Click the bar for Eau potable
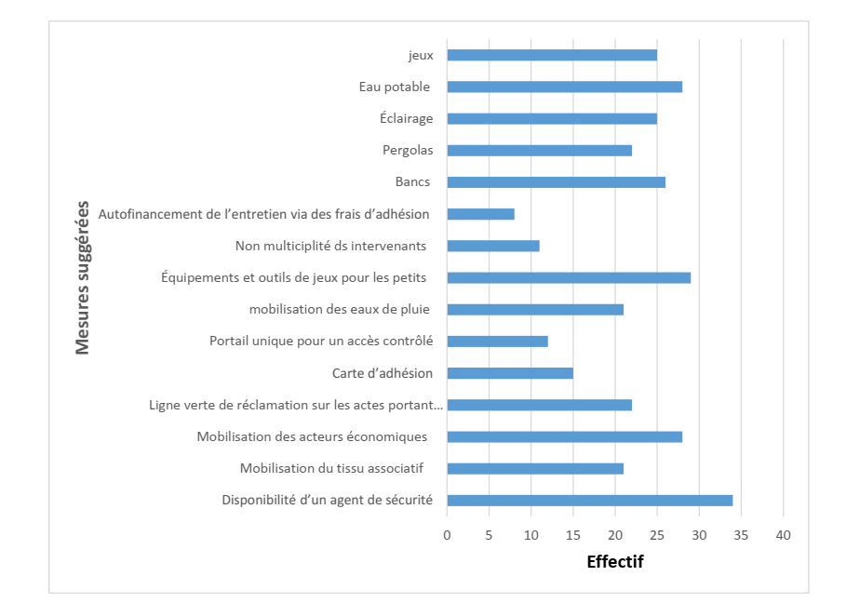pyautogui.click(x=564, y=87)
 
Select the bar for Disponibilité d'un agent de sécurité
pyautogui.click(x=589, y=500)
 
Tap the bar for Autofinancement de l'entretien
pyautogui.click(x=480, y=214)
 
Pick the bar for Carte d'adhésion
pyautogui.click(x=510, y=373)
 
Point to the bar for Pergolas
pyautogui.click(x=539, y=150)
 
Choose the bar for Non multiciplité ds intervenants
pyautogui.click(x=493, y=246)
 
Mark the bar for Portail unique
pyautogui.click(x=497, y=342)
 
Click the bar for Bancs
pyautogui.click(x=556, y=181)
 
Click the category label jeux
pyautogui.click(x=421, y=55)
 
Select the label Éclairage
pyautogui.click(x=406, y=118)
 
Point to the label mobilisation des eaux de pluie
pyautogui.click(x=340, y=309)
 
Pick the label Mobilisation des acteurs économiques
pyautogui.click(x=312, y=436)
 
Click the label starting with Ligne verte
pyautogui.click(x=296, y=405)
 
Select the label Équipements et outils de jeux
pyautogui.click(x=293, y=277)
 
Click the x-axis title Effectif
pyautogui.click(x=614, y=562)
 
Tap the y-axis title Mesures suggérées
pyautogui.click(x=83, y=277)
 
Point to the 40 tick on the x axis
pyautogui.click(x=783, y=535)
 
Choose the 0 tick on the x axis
pyautogui.click(x=447, y=535)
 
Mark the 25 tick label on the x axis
pyautogui.click(x=657, y=535)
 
